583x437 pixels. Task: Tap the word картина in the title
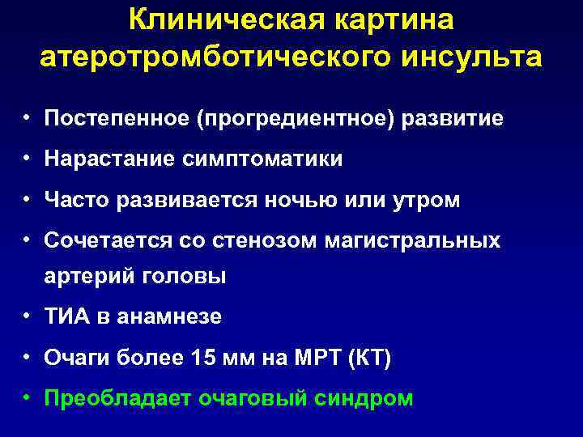point(393,19)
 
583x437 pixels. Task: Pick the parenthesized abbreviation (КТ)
point(368,358)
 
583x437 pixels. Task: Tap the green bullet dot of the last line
point(28,397)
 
